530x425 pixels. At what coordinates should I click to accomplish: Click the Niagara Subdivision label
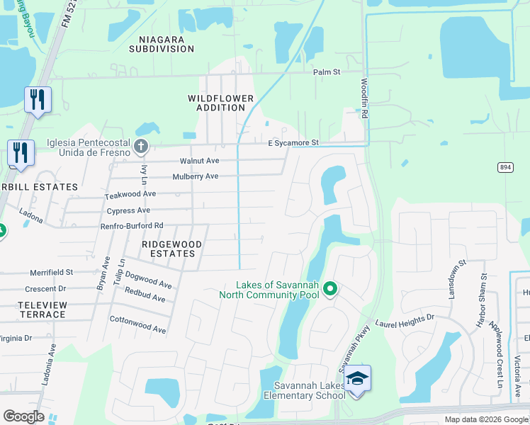click(x=162, y=43)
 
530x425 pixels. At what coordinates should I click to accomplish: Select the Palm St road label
click(x=327, y=72)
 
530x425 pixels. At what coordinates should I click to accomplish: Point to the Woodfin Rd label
click(x=365, y=98)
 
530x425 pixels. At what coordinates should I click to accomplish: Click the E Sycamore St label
click(x=293, y=143)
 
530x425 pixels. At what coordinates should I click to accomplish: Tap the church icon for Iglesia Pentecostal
click(x=141, y=147)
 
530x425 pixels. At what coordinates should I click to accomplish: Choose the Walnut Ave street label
click(x=199, y=161)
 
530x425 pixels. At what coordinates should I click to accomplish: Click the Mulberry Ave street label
click(x=196, y=176)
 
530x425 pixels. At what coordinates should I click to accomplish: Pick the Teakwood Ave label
click(x=130, y=194)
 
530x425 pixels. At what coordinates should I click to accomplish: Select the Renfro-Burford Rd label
click(x=131, y=226)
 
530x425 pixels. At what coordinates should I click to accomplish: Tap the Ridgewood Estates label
click(x=171, y=249)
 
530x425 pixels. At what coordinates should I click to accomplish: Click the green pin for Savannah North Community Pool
click(x=330, y=289)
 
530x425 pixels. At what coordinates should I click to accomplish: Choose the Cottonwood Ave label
click(x=137, y=325)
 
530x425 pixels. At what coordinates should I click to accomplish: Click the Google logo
click(x=24, y=416)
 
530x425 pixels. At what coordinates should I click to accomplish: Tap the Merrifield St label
click(x=51, y=272)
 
